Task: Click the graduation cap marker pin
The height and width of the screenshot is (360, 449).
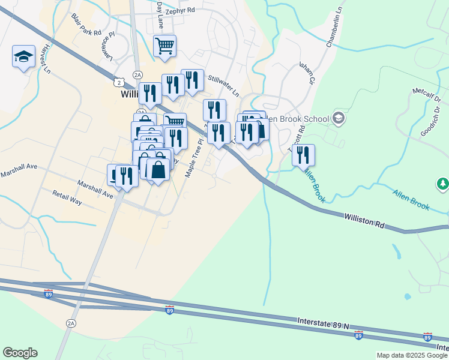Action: [x=23, y=58]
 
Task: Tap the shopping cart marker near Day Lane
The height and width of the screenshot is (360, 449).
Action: [x=164, y=46]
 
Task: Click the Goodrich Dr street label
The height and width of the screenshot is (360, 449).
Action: [x=431, y=122]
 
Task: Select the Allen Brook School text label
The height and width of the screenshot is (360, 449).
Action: [x=297, y=119]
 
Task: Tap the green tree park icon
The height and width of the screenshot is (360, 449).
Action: [x=443, y=183]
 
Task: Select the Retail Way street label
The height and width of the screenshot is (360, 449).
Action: [x=67, y=197]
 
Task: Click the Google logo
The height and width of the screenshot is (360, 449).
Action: [x=20, y=353]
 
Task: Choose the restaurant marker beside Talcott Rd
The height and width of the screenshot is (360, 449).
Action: [x=303, y=155]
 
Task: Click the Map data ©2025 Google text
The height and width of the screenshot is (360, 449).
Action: [x=412, y=355]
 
